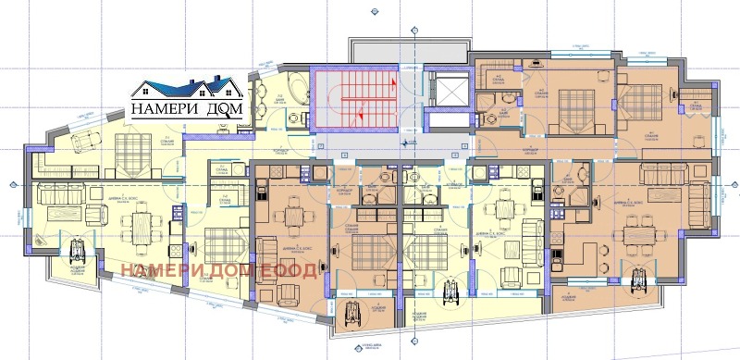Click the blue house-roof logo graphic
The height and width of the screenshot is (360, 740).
184,90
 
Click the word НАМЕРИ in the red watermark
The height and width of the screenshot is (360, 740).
158,270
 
